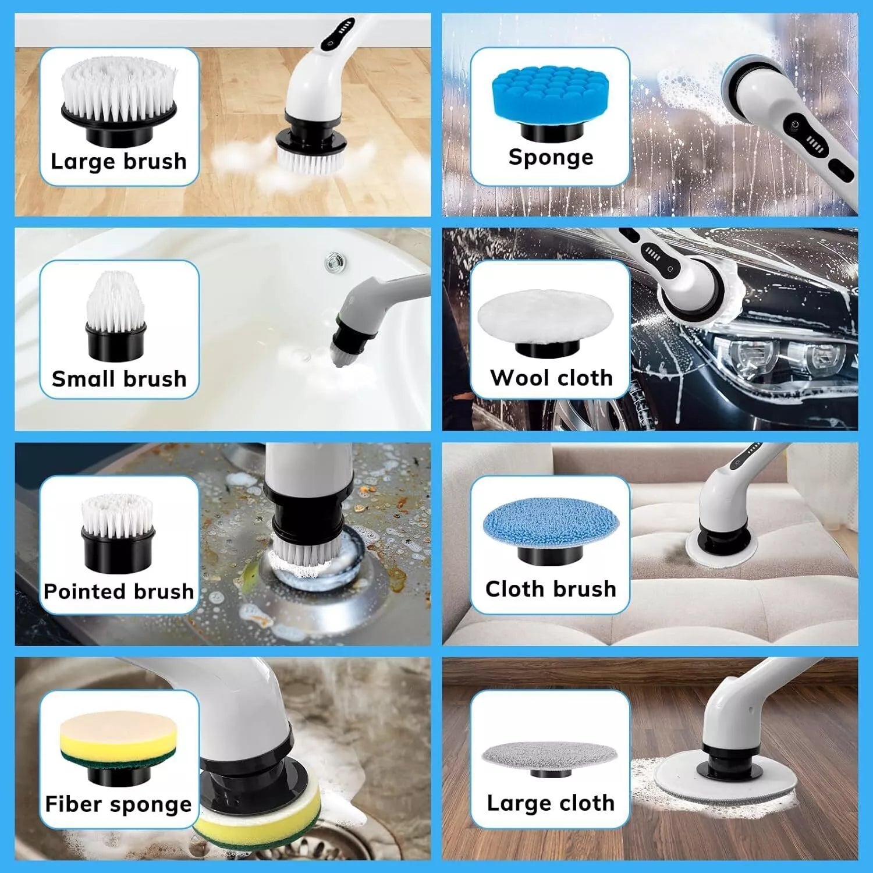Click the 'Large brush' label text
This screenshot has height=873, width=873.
pyautogui.click(x=119, y=161)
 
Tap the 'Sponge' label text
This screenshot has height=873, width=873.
pyautogui.click(x=551, y=157)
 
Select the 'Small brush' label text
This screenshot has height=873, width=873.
pyautogui.click(x=119, y=379)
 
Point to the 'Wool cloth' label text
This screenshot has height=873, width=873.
pyautogui.click(x=551, y=378)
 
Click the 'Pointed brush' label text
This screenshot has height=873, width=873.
pyautogui.click(x=119, y=591)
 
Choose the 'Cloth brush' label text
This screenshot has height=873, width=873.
pyautogui.click(x=551, y=589)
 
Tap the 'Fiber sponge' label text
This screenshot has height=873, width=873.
pyautogui.click(x=119, y=804)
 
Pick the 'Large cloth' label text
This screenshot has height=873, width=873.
pyautogui.click(x=551, y=803)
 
